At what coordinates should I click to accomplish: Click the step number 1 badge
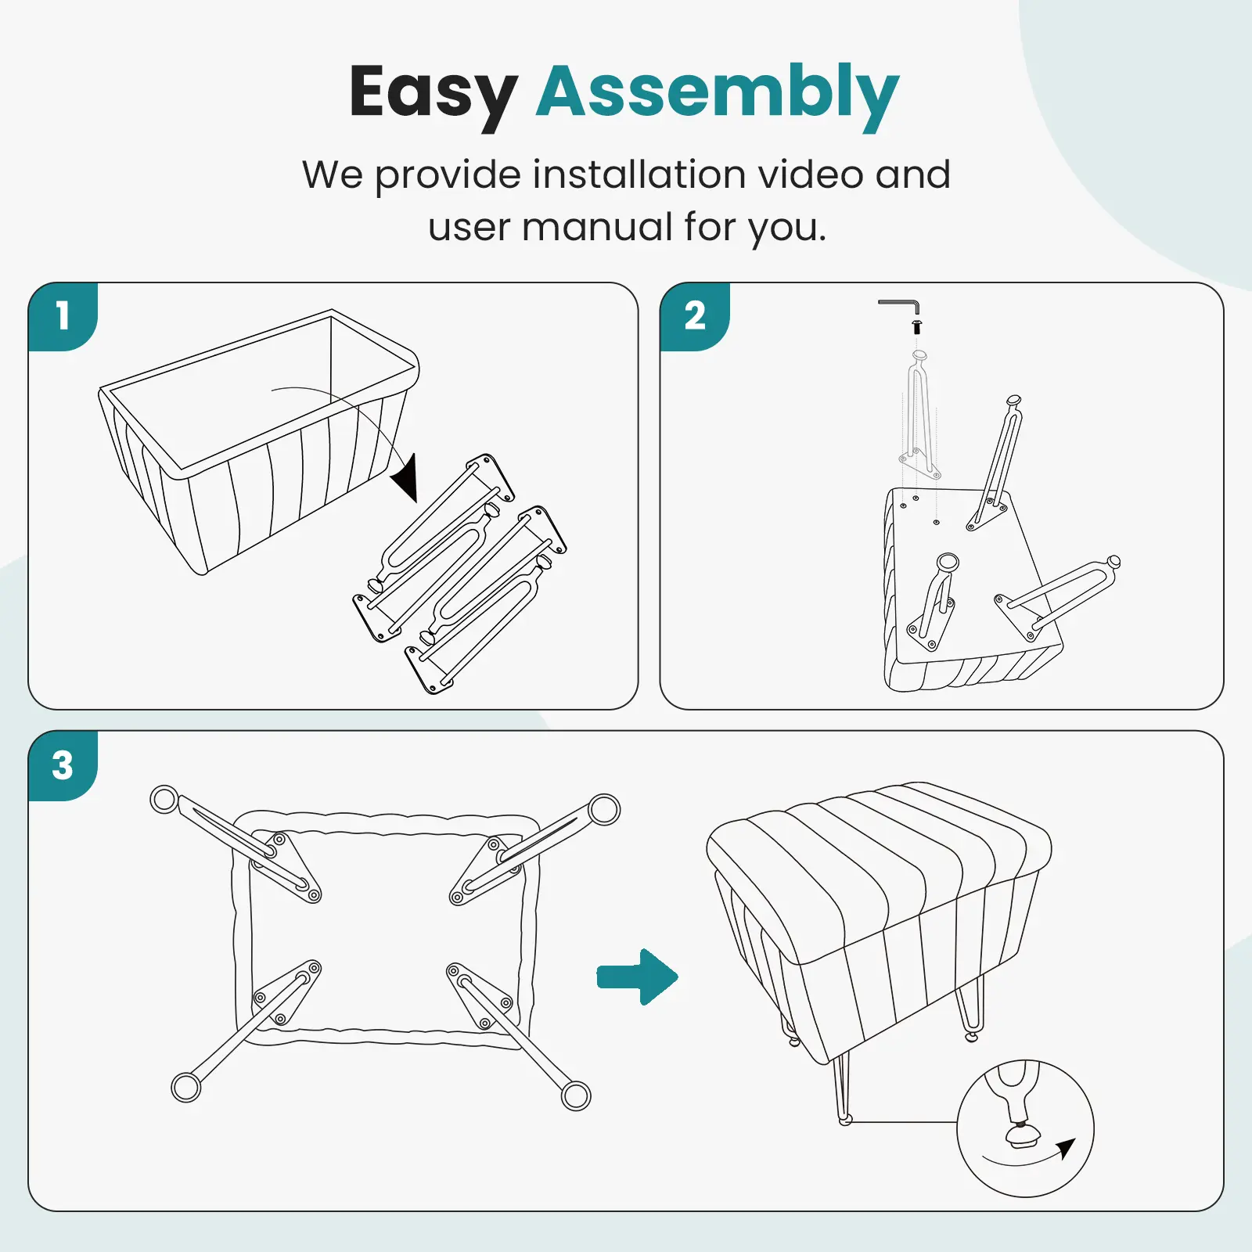point(63,317)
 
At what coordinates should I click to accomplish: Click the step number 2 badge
point(695,317)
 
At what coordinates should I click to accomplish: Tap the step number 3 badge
point(63,765)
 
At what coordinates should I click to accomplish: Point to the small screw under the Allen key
point(917,326)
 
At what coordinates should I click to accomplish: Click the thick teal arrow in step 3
point(638,977)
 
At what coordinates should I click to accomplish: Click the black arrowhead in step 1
point(406,478)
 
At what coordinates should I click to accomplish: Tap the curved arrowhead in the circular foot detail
point(1065,1149)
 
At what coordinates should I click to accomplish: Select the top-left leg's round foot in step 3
point(164,800)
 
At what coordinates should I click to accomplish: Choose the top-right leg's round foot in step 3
point(604,810)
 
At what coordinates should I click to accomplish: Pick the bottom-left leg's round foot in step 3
point(186,1087)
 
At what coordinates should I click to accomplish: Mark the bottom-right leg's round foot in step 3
point(576,1095)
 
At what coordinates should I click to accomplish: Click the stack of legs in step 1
point(460,574)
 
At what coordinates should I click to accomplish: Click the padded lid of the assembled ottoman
point(879,869)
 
